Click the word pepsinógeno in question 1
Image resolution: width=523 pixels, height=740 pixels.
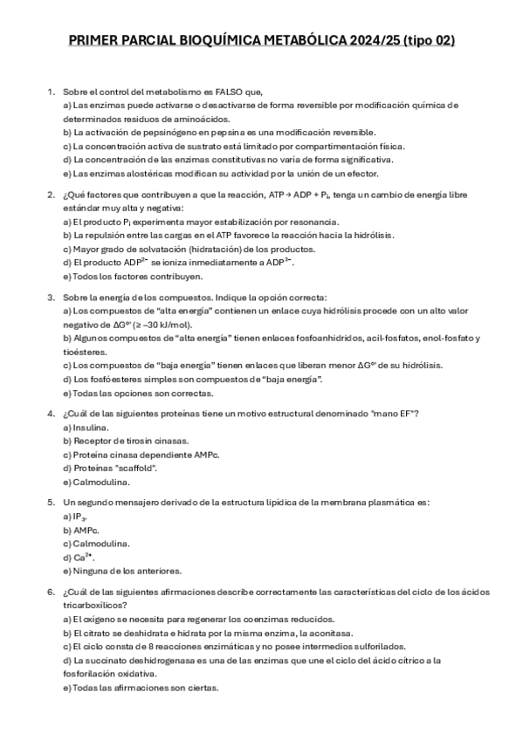(162, 132)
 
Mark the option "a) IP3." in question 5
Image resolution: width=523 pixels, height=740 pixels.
(75, 517)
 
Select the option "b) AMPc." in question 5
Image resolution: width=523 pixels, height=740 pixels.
(81, 530)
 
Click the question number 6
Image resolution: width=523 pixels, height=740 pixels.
(52, 592)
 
